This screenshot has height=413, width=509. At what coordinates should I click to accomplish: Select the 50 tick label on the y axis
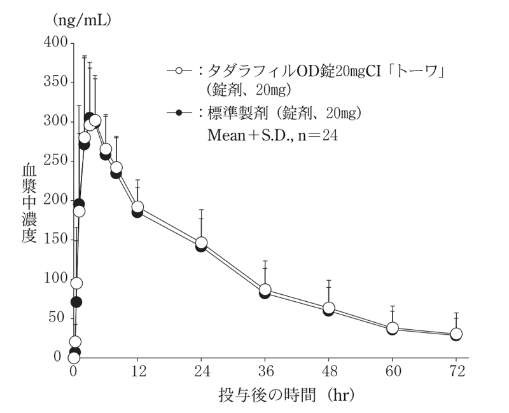point(58,318)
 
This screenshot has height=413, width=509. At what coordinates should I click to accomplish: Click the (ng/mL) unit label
point(81,20)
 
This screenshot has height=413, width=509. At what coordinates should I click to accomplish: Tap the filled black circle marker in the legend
point(179,112)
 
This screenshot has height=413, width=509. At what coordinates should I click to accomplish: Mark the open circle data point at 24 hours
point(201,243)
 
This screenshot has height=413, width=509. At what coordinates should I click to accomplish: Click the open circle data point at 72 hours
point(456,334)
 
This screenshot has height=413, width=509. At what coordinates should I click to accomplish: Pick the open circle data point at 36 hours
point(265,290)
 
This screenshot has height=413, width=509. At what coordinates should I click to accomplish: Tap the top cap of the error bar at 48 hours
point(328,280)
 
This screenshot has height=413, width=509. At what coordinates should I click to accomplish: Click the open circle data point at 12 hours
point(137,208)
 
